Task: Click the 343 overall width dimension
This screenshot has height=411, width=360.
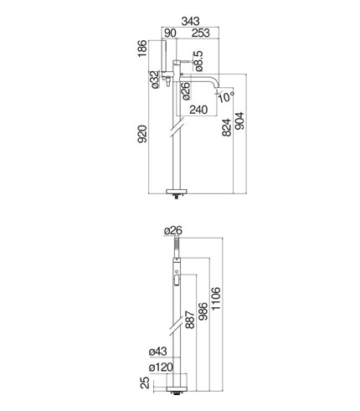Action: (x=191, y=21)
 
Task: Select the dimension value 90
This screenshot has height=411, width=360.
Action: (x=170, y=33)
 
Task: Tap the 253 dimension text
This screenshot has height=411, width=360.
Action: (x=200, y=33)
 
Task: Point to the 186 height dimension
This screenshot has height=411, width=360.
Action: (x=142, y=49)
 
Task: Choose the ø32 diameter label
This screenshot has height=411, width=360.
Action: (x=155, y=80)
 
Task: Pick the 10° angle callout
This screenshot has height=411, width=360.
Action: (x=227, y=96)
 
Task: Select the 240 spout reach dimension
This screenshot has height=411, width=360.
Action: (x=198, y=110)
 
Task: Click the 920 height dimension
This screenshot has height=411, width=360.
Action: (x=142, y=134)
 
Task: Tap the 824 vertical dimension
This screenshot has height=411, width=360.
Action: (x=227, y=127)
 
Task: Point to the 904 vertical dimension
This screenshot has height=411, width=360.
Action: (x=239, y=121)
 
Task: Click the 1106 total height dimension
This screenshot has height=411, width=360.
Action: (x=216, y=298)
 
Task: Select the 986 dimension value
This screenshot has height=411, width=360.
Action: (x=203, y=311)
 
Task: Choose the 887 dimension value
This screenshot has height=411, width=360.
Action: (x=190, y=320)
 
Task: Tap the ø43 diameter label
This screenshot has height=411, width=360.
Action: (x=158, y=352)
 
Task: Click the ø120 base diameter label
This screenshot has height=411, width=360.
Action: (x=161, y=367)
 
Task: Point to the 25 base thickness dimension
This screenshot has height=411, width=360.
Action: (x=145, y=383)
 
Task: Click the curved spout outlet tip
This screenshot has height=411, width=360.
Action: (x=218, y=90)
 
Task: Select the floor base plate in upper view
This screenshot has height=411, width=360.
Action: (x=177, y=191)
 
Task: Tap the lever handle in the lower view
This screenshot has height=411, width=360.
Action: (x=177, y=280)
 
